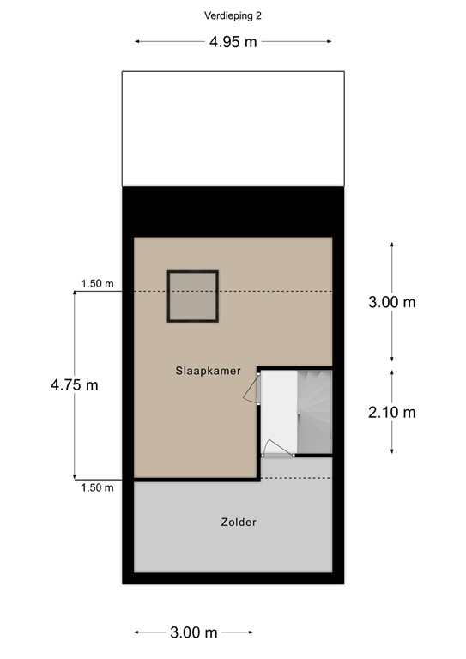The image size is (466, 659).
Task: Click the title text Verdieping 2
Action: (x=233, y=15)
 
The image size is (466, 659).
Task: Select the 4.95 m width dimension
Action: (x=233, y=41)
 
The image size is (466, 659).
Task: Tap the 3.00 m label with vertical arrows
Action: (x=391, y=302)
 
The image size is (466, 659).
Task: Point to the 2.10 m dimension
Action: (x=391, y=413)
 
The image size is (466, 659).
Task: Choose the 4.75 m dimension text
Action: (x=74, y=385)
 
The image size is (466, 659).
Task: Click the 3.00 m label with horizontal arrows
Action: (x=193, y=633)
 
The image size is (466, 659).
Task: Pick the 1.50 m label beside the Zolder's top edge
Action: (x=97, y=487)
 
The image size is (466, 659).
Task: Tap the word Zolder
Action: (x=238, y=522)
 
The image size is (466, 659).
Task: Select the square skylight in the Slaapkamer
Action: (x=192, y=296)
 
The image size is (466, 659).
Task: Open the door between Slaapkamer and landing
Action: (x=252, y=388)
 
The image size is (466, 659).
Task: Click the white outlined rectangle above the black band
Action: (x=233, y=128)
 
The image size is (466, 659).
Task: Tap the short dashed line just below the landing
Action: (x=295, y=477)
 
